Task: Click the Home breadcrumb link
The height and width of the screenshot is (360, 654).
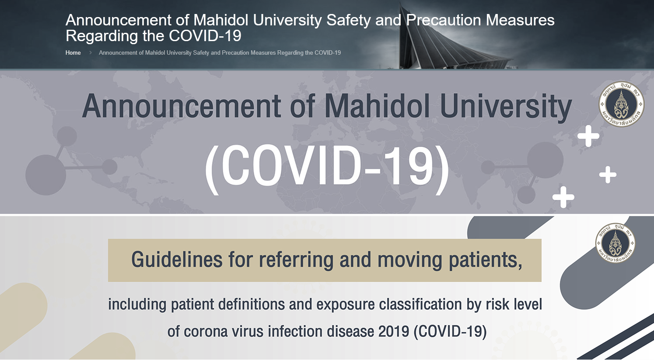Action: point(73,52)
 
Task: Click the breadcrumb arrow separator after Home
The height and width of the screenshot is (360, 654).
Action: point(91,52)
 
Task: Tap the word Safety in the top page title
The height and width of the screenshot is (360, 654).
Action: point(348,21)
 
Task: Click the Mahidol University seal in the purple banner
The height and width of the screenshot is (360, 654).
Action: point(621,104)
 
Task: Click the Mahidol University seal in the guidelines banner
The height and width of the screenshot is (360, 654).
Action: point(615,243)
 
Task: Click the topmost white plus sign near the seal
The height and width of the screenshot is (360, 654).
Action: point(588,136)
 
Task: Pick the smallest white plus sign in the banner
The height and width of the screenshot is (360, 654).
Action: point(608,175)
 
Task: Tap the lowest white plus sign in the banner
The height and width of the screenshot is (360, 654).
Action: point(563,197)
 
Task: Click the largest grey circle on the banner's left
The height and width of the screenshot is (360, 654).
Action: point(45,175)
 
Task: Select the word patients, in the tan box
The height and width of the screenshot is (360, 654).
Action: point(485,260)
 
